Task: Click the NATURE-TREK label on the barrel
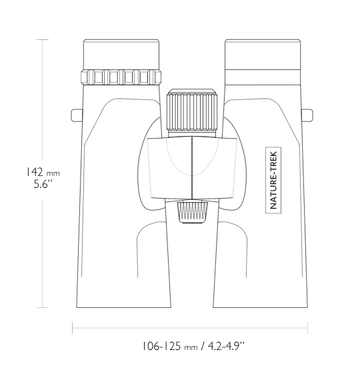point(273,180)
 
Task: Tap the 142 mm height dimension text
point(43,172)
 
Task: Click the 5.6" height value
point(43,184)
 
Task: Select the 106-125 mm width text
point(170,346)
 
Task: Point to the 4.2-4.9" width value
point(226,346)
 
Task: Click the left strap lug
point(77,115)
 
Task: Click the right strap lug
point(307,115)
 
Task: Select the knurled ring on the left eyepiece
point(121,77)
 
